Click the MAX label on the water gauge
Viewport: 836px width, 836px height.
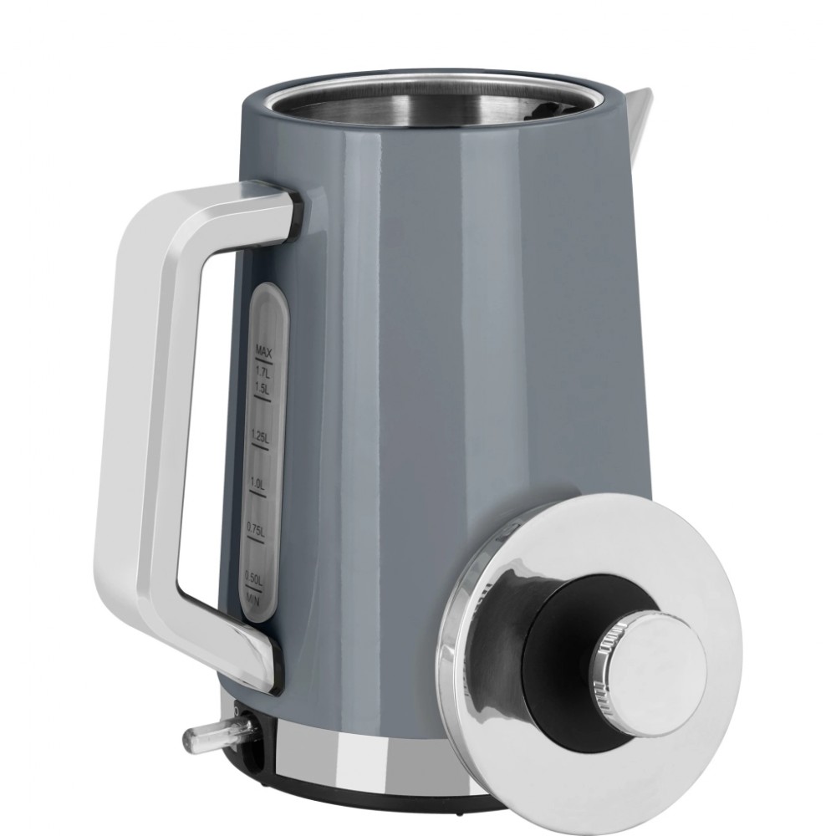[x=263, y=351]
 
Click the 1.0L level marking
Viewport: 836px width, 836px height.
[x=257, y=484]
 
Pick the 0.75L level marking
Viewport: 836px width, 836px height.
[x=255, y=529]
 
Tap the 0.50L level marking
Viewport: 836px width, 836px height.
[x=253, y=576]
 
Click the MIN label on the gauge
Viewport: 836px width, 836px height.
[x=254, y=599]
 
